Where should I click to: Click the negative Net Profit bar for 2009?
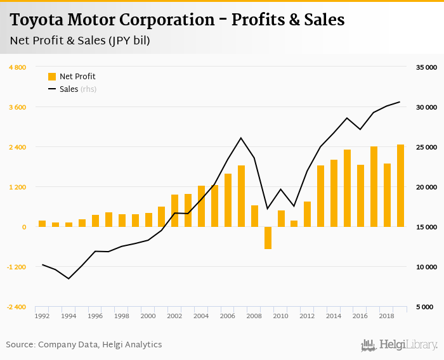click(268, 238)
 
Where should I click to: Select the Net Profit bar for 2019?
click(400, 186)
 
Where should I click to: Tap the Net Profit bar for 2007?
click(241, 196)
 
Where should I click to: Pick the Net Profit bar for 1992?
click(42, 224)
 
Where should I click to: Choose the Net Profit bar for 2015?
click(347, 188)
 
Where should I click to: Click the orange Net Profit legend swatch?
click(52, 77)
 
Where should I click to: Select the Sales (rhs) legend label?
click(77, 89)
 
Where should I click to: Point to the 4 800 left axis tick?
click(17, 67)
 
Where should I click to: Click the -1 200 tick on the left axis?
click(16, 267)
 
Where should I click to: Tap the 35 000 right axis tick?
click(426, 67)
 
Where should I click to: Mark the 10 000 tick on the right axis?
click(426, 267)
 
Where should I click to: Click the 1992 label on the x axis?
click(42, 316)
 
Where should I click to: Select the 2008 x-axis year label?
click(254, 316)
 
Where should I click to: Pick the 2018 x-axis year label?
click(387, 316)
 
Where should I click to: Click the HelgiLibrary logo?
click(400, 345)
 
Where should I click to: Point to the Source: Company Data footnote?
click(84, 345)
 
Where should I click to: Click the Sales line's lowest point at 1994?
click(69, 279)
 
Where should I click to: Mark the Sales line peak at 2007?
click(241, 138)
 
